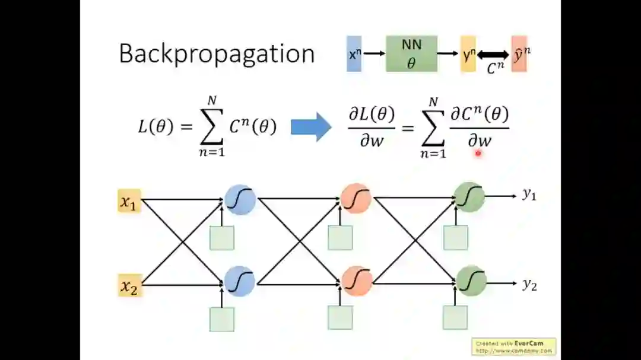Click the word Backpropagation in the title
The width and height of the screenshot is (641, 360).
[x=217, y=54]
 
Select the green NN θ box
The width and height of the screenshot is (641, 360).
[x=411, y=53]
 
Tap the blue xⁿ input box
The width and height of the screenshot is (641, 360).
[x=354, y=54]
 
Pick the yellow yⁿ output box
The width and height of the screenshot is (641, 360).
[x=468, y=54]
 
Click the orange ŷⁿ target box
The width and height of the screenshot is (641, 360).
[x=519, y=54]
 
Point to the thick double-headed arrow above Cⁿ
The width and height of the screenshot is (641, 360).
[x=493, y=55]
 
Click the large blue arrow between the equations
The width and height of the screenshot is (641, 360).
[x=311, y=127]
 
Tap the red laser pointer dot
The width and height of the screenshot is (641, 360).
[x=478, y=153]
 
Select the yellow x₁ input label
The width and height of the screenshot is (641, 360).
[x=129, y=202]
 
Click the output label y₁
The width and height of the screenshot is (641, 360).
[x=529, y=195]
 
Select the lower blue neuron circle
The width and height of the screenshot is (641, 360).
[x=240, y=281]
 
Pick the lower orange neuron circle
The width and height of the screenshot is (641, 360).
[x=357, y=281]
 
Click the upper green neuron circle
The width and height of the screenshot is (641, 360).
[x=469, y=197]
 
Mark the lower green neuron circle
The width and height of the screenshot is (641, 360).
[x=471, y=281]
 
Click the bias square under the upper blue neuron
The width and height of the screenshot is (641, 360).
[x=222, y=238]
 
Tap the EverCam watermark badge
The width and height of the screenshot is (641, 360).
[x=514, y=346]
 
